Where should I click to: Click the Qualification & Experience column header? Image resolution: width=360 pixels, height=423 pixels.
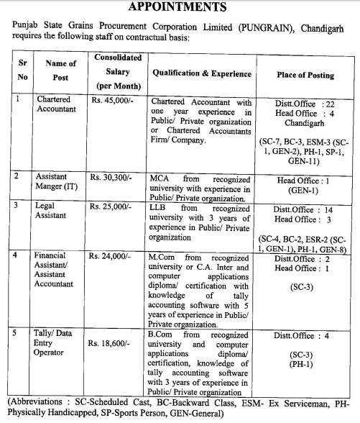201,74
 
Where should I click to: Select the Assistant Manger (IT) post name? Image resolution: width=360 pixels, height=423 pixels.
59,181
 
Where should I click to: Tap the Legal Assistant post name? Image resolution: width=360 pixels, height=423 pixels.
51,211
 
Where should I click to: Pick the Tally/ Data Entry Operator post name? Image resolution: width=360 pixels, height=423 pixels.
55,343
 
